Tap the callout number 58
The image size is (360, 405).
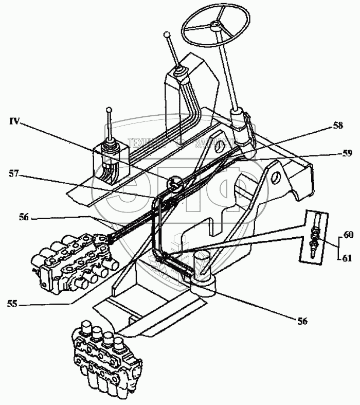[337, 126]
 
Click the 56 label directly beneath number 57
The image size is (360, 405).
[25, 218]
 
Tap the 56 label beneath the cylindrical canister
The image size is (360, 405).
[302, 321]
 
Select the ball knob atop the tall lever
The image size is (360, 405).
[166, 35]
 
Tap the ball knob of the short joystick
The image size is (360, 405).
[109, 109]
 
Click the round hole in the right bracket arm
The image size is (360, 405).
[274, 177]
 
